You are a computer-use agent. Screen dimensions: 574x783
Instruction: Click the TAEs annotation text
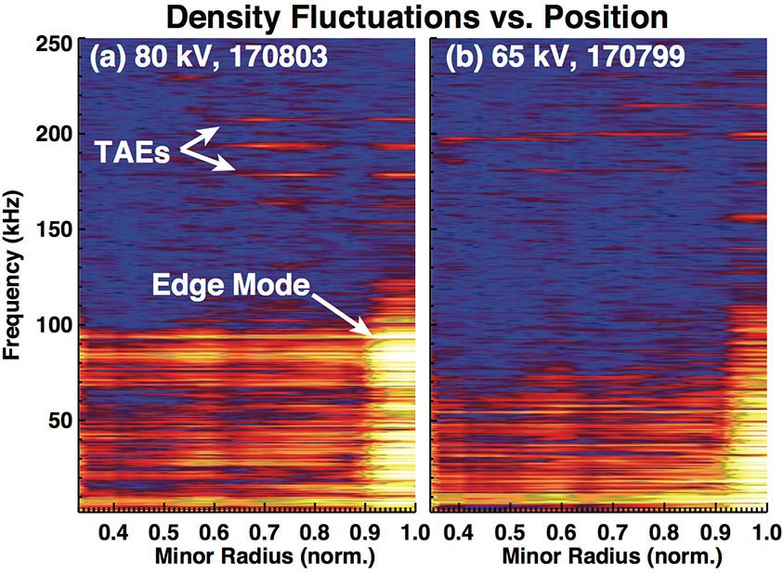point(131,153)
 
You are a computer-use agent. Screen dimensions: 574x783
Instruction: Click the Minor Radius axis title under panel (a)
point(246,555)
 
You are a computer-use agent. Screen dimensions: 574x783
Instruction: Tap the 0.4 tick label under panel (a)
point(113,532)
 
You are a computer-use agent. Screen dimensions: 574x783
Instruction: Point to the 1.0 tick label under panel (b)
point(761,532)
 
